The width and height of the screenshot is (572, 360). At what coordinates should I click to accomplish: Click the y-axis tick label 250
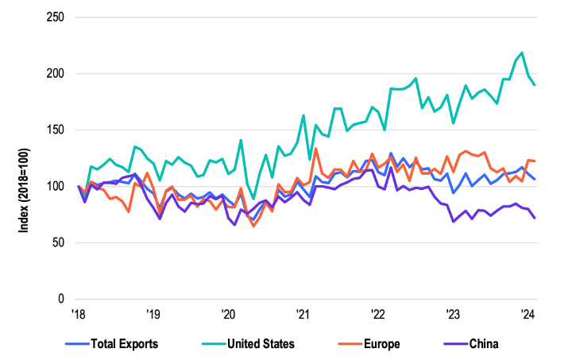click(x=56, y=17)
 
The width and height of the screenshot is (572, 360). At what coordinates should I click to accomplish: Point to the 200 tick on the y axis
click(x=56, y=74)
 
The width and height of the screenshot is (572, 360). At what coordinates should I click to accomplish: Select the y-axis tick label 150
click(x=56, y=130)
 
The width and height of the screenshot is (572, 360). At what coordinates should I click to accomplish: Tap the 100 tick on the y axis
click(x=56, y=187)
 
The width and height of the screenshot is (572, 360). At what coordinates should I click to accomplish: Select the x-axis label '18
click(x=78, y=314)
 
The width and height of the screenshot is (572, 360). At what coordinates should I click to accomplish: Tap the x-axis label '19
click(x=153, y=314)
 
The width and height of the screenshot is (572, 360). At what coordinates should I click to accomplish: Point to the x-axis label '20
click(x=227, y=314)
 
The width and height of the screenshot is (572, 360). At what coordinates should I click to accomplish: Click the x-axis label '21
click(x=302, y=314)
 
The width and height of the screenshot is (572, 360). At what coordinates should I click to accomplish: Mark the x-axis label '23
click(x=451, y=314)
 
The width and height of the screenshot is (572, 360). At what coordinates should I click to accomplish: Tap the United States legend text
click(x=261, y=344)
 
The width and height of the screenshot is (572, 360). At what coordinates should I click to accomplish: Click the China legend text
click(x=483, y=344)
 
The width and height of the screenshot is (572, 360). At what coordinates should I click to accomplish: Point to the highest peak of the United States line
click(x=521, y=53)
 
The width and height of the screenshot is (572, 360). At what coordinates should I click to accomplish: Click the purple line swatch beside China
click(x=450, y=344)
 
